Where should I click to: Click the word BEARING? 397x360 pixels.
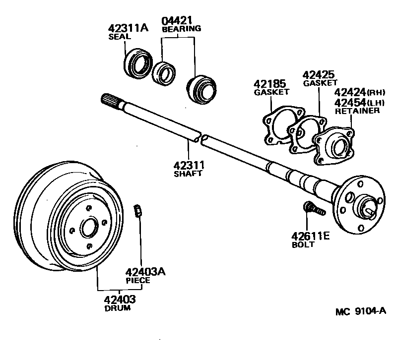coord(182,29)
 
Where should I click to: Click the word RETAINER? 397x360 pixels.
coord(357,111)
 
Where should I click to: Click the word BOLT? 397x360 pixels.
coord(303,244)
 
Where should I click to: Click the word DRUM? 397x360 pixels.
coord(118,308)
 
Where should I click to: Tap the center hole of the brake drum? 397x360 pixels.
coord(89,229)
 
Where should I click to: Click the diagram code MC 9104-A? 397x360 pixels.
coord(360,311)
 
